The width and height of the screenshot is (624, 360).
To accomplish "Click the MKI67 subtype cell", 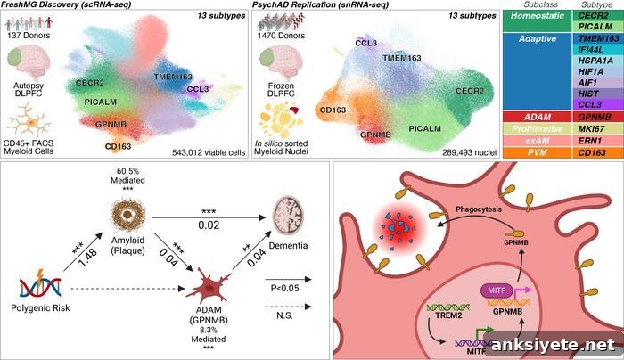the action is [x=598, y=129].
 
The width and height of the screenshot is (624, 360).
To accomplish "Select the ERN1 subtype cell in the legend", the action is [x=598, y=141].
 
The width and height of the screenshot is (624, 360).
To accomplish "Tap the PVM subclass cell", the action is [x=538, y=152].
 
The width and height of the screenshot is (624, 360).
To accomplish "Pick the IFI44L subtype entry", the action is [x=598, y=49].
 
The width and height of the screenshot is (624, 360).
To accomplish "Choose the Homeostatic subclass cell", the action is [x=538, y=21].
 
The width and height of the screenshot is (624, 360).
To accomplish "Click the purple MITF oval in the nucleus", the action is [x=497, y=290].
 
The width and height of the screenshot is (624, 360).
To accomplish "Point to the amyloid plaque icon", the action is [x=127, y=215].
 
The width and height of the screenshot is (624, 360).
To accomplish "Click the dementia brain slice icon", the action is [x=288, y=217].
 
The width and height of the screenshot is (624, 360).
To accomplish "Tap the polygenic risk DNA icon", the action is [x=41, y=284].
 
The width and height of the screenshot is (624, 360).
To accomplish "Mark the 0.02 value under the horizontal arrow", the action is [x=209, y=225].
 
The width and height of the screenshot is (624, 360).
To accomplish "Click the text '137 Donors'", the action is [x=29, y=35].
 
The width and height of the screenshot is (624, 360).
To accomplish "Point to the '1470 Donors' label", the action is [x=281, y=36].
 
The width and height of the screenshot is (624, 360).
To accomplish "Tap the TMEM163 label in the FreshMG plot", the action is [x=173, y=77].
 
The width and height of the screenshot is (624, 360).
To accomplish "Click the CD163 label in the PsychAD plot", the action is [x=333, y=110].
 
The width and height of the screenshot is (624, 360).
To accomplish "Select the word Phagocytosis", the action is [x=479, y=209].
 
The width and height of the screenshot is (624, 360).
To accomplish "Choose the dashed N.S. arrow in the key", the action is [x=288, y=307].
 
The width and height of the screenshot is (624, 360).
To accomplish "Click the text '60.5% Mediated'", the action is [x=127, y=176].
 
